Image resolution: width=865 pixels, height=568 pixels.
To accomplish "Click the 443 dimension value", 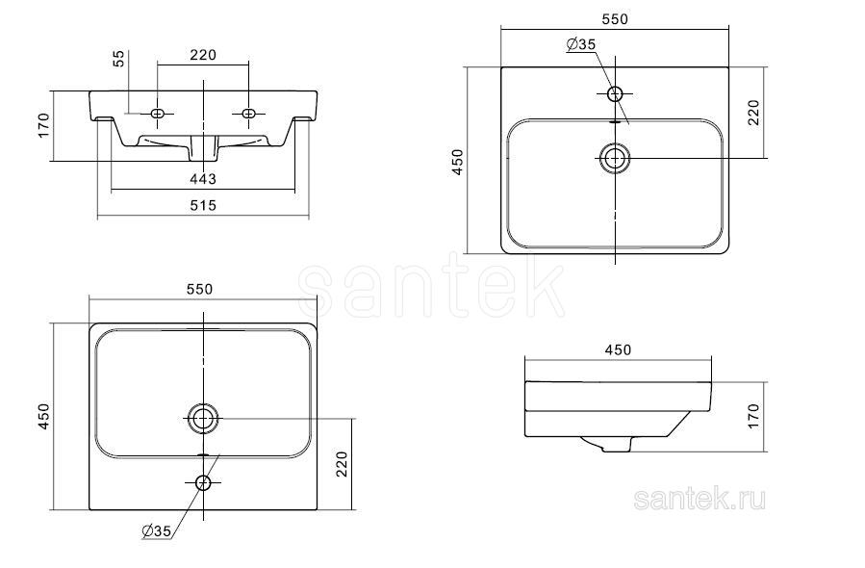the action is point(203,179).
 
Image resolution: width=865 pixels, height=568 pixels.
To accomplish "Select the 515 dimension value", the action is point(203,206).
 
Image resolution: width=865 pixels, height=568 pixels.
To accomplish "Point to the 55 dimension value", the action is point(119,59).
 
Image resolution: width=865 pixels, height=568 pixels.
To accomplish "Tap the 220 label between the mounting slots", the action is point(203,55).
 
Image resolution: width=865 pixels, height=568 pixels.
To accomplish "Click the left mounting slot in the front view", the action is point(158,114).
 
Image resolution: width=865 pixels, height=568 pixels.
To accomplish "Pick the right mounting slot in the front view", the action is point(248,114).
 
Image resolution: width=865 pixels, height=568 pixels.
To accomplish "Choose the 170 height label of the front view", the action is point(43,125).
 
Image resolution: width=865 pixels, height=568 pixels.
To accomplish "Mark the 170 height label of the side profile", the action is point(754,416).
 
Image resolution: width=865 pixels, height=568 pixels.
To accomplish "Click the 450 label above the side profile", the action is point(618,350).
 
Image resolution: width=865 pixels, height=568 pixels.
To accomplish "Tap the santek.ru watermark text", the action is point(700,500).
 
